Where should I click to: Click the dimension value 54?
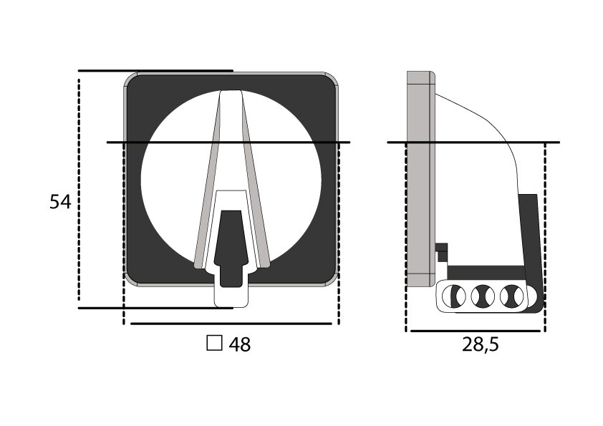pos(60,202)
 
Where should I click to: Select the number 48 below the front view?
pos(240,344)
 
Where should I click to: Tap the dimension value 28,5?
pos(480,344)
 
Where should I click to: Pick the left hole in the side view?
pos(453,295)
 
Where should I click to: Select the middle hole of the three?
pos(481,295)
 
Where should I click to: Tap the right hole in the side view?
pos(510,295)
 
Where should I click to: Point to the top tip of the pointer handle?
pos(231,92)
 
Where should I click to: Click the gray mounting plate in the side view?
pos(420,179)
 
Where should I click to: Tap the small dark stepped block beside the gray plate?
pos(442,250)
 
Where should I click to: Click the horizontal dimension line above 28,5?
pos(476,331)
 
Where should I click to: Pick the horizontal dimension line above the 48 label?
pos(231,324)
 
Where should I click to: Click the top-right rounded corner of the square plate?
pos(331,79)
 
